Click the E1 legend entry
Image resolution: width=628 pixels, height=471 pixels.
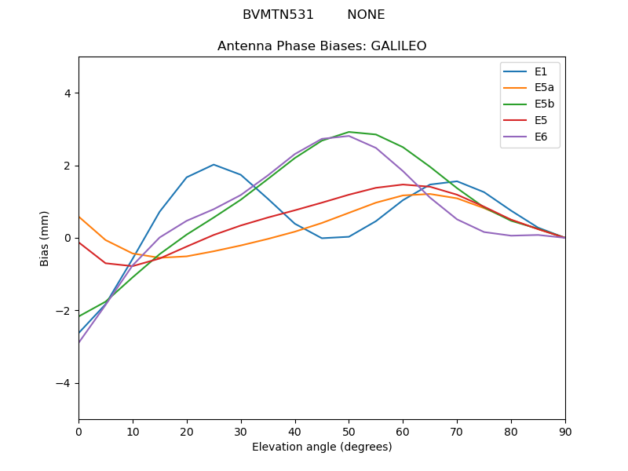pyautogui.click(x=541, y=71)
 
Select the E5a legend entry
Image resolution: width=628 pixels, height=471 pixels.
pyautogui.click(x=545, y=88)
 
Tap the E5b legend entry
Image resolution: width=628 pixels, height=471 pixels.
pyautogui.click(x=545, y=104)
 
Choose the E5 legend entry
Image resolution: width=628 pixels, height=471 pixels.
pyautogui.click(x=541, y=121)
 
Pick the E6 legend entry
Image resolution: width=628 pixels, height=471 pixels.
pyautogui.click(x=541, y=137)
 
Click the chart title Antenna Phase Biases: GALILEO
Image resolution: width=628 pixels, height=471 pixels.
pyautogui.click(x=322, y=46)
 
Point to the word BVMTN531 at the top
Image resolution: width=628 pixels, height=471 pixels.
pyautogui.click(x=278, y=15)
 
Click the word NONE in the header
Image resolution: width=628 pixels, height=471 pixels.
pyautogui.click(x=366, y=15)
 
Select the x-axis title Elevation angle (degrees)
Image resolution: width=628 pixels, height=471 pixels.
pyautogui.click(x=322, y=447)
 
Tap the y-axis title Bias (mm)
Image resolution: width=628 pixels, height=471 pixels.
pyautogui.click(x=45, y=238)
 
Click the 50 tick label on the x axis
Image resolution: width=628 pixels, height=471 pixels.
pyautogui.click(x=349, y=431)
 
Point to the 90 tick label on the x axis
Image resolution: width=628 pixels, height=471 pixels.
pyautogui.click(x=565, y=431)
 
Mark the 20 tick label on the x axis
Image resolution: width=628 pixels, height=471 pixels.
pyautogui.click(x=187, y=431)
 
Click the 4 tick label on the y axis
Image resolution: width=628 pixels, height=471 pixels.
pyautogui.click(x=68, y=93)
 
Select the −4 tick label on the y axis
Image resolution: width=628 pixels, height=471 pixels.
pyautogui.click(x=64, y=383)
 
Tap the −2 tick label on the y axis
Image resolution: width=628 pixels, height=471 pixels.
pyautogui.click(x=64, y=311)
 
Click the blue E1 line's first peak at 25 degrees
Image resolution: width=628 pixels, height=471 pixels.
pyautogui.click(x=214, y=165)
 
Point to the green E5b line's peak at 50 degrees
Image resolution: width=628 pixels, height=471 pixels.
pyautogui.click(x=349, y=132)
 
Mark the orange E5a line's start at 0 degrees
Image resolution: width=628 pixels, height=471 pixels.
pyautogui.click(x=79, y=217)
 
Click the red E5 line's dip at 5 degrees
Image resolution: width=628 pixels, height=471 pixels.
pyautogui.click(x=106, y=263)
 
